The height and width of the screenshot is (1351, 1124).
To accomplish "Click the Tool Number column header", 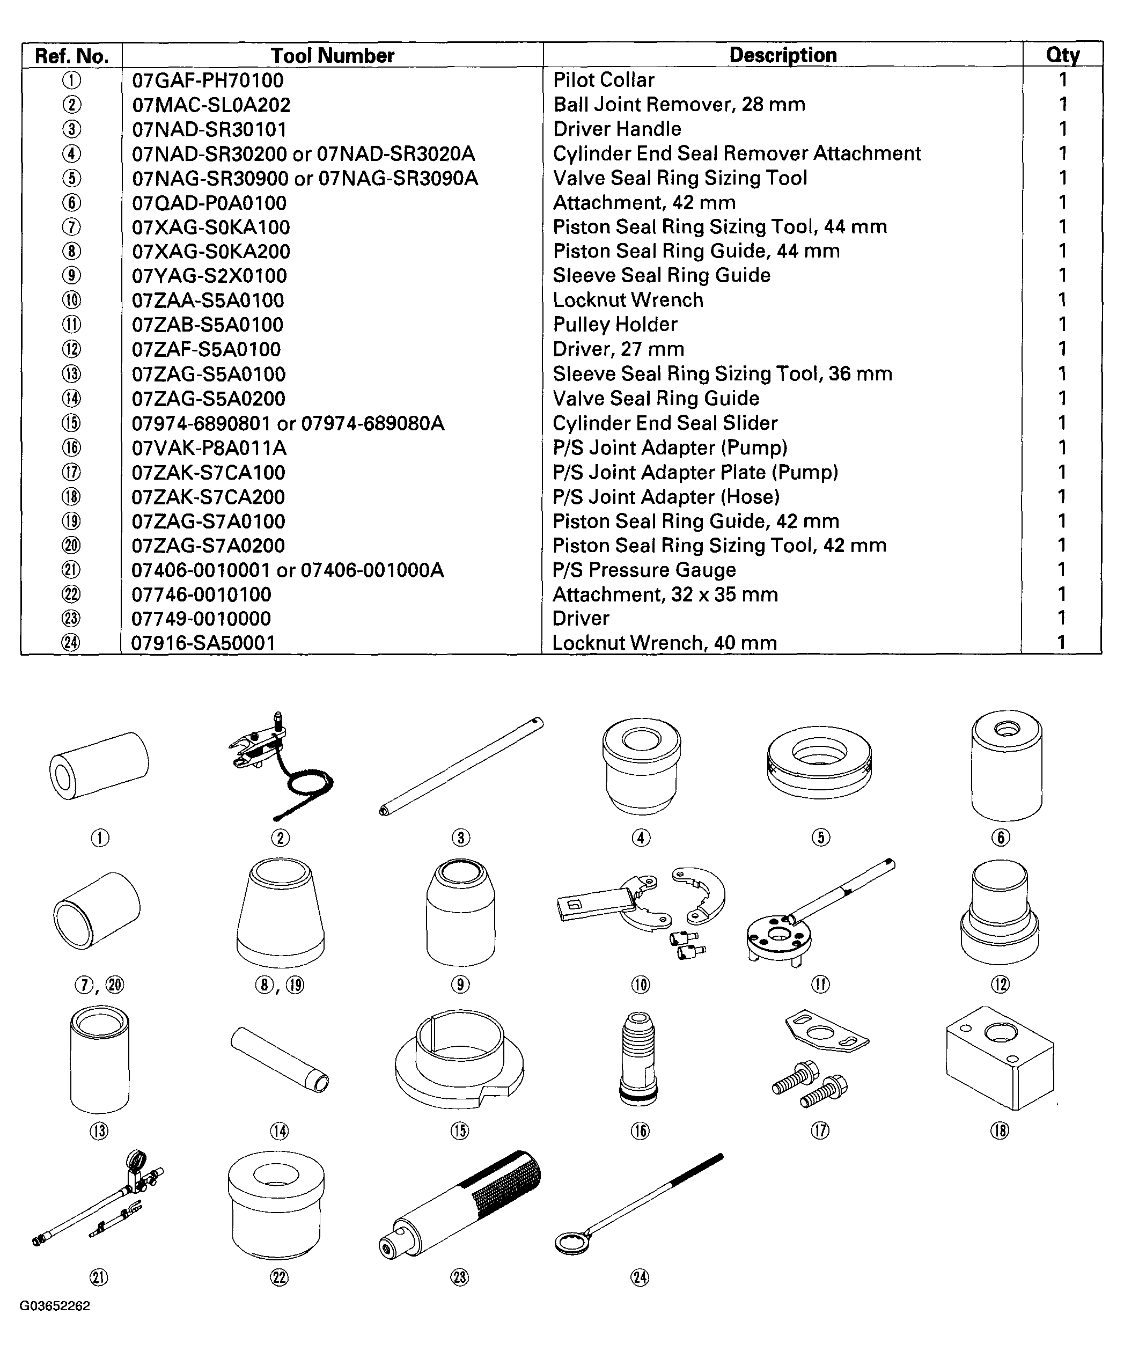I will pyautogui.click(x=332, y=55).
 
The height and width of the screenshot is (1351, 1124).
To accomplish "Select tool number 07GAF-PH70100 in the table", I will pyautogui.click(x=207, y=80).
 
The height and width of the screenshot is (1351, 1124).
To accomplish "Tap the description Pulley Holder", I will pyautogui.click(x=614, y=324).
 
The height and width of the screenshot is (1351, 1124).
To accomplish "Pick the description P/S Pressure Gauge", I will pyautogui.click(x=643, y=570).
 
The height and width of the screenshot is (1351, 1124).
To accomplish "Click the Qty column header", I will pyautogui.click(x=1062, y=55).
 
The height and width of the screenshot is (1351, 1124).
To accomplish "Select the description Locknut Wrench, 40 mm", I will pyautogui.click(x=664, y=643).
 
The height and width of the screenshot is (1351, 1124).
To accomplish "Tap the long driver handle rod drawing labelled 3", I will pyautogui.click(x=461, y=766).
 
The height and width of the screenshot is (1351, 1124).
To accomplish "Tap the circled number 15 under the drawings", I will pyautogui.click(x=459, y=1131).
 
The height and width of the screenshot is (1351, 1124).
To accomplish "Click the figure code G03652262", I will pyautogui.click(x=55, y=1306).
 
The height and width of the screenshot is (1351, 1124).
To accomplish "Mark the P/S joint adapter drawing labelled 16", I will pyautogui.click(x=640, y=1058).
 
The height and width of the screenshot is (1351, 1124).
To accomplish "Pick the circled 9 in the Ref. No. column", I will pyautogui.click(x=71, y=275).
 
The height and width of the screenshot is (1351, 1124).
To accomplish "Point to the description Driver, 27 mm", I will pyautogui.click(x=618, y=349).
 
